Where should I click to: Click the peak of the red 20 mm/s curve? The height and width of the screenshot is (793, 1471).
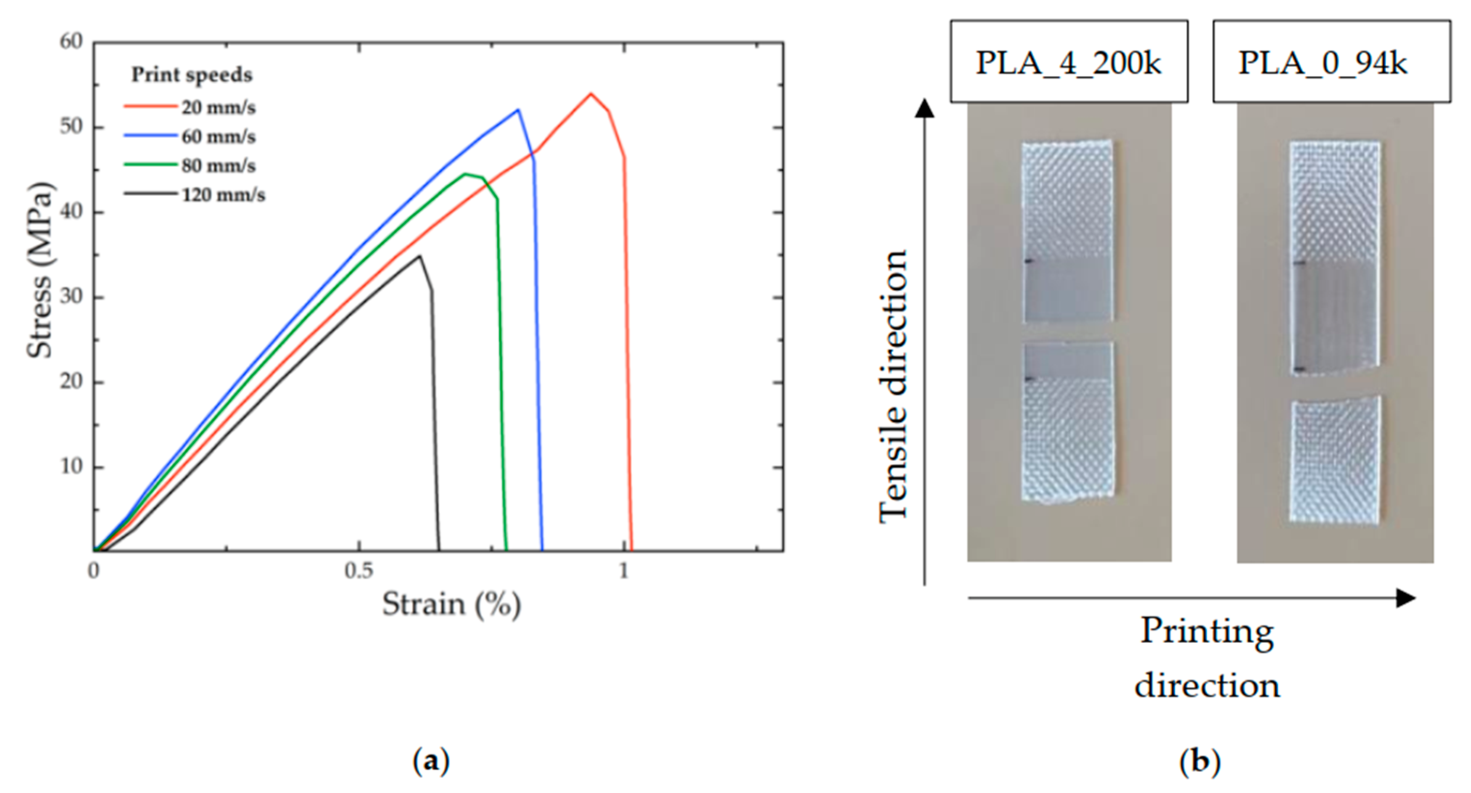click(591, 94)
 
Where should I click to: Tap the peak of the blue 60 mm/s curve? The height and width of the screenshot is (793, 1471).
click(518, 110)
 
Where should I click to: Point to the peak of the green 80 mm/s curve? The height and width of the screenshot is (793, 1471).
click(466, 174)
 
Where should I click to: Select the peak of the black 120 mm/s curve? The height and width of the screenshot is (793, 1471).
click(420, 256)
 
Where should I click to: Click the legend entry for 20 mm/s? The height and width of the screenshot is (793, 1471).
click(218, 107)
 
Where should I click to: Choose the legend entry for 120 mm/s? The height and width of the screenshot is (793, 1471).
click(223, 195)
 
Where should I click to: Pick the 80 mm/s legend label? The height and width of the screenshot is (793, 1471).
click(218, 166)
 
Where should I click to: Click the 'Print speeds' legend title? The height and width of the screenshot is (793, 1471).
click(192, 75)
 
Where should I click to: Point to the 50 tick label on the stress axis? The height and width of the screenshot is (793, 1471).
click(71, 127)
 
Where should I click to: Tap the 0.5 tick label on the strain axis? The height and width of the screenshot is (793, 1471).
click(359, 570)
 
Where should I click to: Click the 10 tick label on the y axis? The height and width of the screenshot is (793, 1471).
click(71, 467)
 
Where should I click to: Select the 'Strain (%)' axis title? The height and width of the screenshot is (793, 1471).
click(451, 604)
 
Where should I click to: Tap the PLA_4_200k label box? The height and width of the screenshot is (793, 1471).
click(1069, 62)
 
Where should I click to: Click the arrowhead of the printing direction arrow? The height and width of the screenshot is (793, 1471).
click(1406, 598)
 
